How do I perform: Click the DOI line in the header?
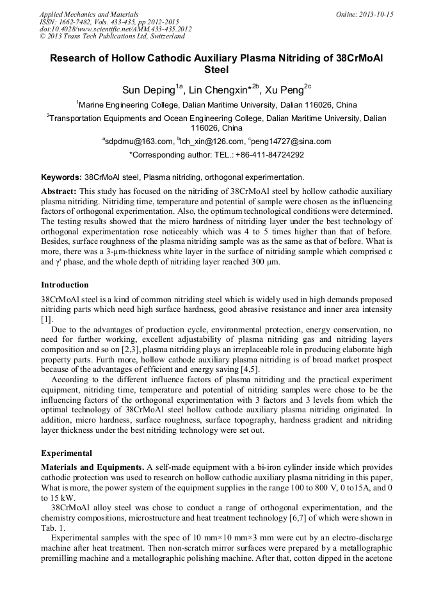tap(115, 29)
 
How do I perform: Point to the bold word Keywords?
tap(61, 177)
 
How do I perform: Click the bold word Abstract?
tap(59, 191)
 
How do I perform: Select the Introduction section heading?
tap(65, 284)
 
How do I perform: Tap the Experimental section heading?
tap(67, 453)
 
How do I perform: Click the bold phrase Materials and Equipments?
tap(92, 467)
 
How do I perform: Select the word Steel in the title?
tap(216, 69)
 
